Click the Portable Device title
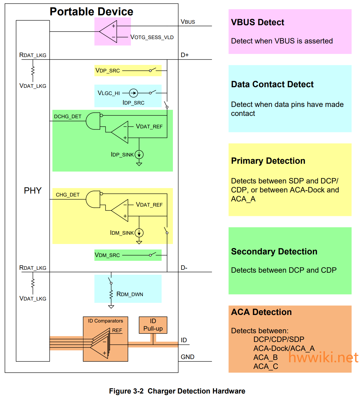tap(91, 12)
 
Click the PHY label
tap(33, 190)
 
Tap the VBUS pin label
tap(188, 22)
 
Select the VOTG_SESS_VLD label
tap(152, 37)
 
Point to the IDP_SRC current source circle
tap(134, 93)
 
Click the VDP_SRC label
tap(108, 71)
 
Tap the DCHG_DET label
tap(68, 116)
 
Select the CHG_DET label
tap(68, 195)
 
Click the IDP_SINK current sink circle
tap(139, 154)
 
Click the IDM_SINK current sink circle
tap(139, 233)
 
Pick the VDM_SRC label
tap(107, 255)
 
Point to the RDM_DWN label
tap(130, 294)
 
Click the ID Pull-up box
tap(153, 325)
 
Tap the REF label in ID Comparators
tap(117, 330)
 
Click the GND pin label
tap(187, 357)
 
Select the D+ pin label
tap(184, 55)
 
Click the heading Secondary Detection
tap(274, 252)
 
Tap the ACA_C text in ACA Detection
tap(266, 367)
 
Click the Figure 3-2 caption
tap(177, 391)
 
